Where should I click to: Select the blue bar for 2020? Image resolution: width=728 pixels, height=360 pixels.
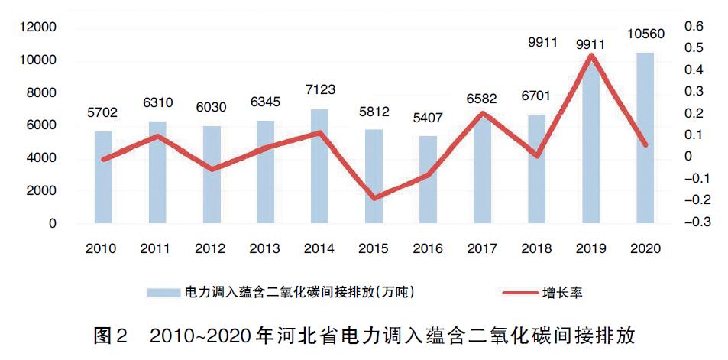point(645,138)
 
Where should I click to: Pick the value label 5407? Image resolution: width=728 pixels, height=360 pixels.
point(429,119)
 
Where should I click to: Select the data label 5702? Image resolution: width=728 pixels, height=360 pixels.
point(103,112)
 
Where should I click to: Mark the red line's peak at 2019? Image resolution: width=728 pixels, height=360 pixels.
point(590,54)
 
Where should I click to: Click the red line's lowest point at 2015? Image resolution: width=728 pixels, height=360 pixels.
point(374,199)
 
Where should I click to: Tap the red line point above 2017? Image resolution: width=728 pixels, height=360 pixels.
point(483,113)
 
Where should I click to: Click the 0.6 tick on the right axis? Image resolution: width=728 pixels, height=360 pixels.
point(692,27)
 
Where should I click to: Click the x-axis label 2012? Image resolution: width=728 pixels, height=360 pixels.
point(210,249)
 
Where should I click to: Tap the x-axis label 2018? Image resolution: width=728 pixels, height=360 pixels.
point(536,249)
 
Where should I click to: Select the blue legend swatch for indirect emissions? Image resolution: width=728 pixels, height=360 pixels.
point(164,292)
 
